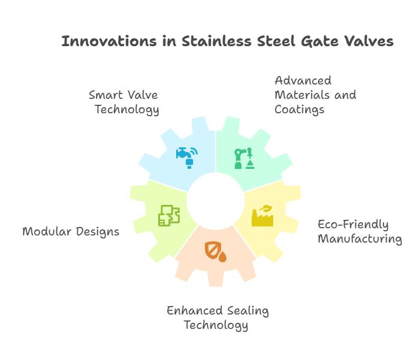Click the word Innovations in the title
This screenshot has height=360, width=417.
(x=109, y=41)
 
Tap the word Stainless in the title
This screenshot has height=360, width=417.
(x=216, y=41)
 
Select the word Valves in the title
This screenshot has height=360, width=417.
(x=369, y=41)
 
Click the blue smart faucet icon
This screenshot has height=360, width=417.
(x=187, y=158)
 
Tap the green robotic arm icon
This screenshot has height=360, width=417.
(x=244, y=159)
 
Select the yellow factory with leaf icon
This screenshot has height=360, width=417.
(x=262, y=216)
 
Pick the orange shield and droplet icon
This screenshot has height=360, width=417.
(x=216, y=252)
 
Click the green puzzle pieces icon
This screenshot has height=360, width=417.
(x=169, y=216)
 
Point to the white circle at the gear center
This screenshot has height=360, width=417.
(x=216, y=201)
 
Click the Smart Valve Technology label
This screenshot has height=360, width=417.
(x=124, y=102)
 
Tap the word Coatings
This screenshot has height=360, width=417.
(x=299, y=110)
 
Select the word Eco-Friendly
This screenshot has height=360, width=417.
(x=353, y=225)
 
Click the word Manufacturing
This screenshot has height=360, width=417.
(x=360, y=239)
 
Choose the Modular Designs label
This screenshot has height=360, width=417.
(x=71, y=232)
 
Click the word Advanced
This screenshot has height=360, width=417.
(x=303, y=80)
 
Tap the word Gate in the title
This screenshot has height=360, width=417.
(x=320, y=41)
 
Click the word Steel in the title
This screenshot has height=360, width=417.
(x=276, y=41)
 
